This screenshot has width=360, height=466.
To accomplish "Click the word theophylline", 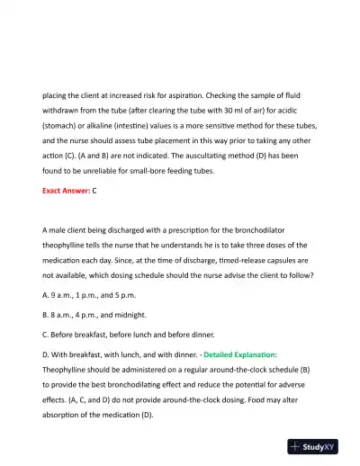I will click(x=68, y=245).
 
